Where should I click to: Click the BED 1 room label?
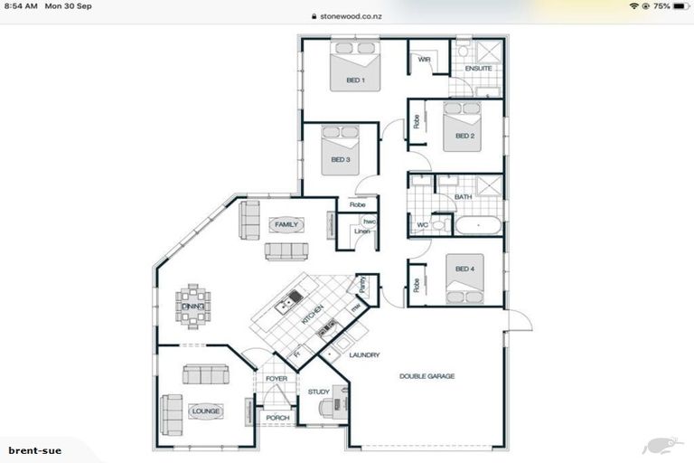[x=355, y=80]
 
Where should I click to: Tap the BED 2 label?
[x=464, y=137]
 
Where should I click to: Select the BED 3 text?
[x=341, y=160]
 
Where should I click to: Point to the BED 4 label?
[x=464, y=269]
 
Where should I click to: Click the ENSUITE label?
[x=478, y=69]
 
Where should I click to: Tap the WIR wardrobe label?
[x=424, y=60]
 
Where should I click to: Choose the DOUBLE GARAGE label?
[x=427, y=375]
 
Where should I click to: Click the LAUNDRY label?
[x=364, y=355]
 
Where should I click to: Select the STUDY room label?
[x=318, y=392]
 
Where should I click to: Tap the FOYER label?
[x=276, y=378]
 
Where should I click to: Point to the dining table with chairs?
[x=192, y=307]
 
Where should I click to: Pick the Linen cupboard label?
[x=361, y=231]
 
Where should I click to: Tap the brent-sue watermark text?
[x=35, y=449]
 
